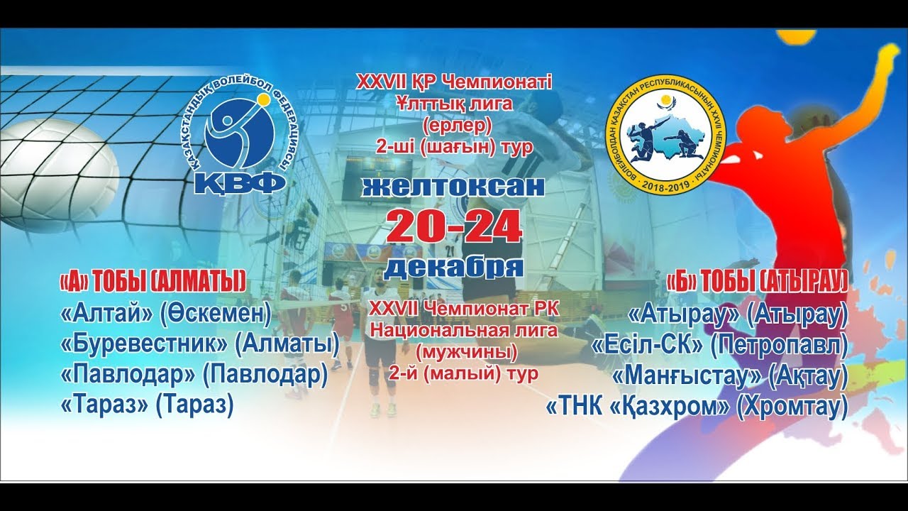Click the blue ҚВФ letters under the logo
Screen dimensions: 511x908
pos(240,181)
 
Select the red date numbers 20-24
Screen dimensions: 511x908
pos(454,227)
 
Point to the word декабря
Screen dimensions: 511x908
pos(454,266)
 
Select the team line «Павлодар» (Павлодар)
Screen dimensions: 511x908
pos(194,375)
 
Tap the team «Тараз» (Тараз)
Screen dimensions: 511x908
pos(148,405)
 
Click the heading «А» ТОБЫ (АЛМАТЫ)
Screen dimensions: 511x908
pos(153,282)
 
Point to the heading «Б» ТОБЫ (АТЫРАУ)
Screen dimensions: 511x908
pos(757,282)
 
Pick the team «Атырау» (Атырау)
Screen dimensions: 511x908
pos(738,313)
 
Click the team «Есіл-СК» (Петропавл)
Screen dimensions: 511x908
pos(719,344)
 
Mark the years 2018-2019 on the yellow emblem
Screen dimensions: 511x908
pos(665,186)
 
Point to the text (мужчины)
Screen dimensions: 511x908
pos(464,351)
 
